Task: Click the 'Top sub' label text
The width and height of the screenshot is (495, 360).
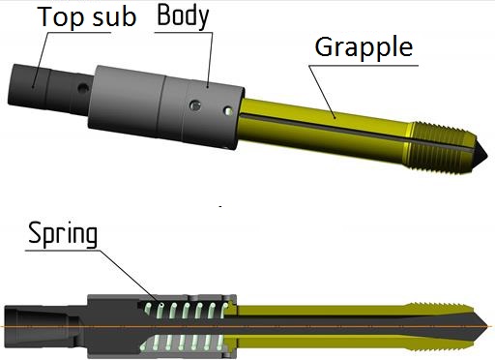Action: pos(87,16)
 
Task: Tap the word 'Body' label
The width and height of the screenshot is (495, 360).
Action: pos(183,16)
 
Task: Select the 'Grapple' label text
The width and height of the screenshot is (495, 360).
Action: pos(364,47)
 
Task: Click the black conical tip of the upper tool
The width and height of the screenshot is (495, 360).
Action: pos(480,153)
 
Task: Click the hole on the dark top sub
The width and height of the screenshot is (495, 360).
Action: pos(83,88)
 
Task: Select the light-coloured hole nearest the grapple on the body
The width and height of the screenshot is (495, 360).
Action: pos(228,111)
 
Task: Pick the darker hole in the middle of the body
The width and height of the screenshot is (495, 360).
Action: pos(195,105)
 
